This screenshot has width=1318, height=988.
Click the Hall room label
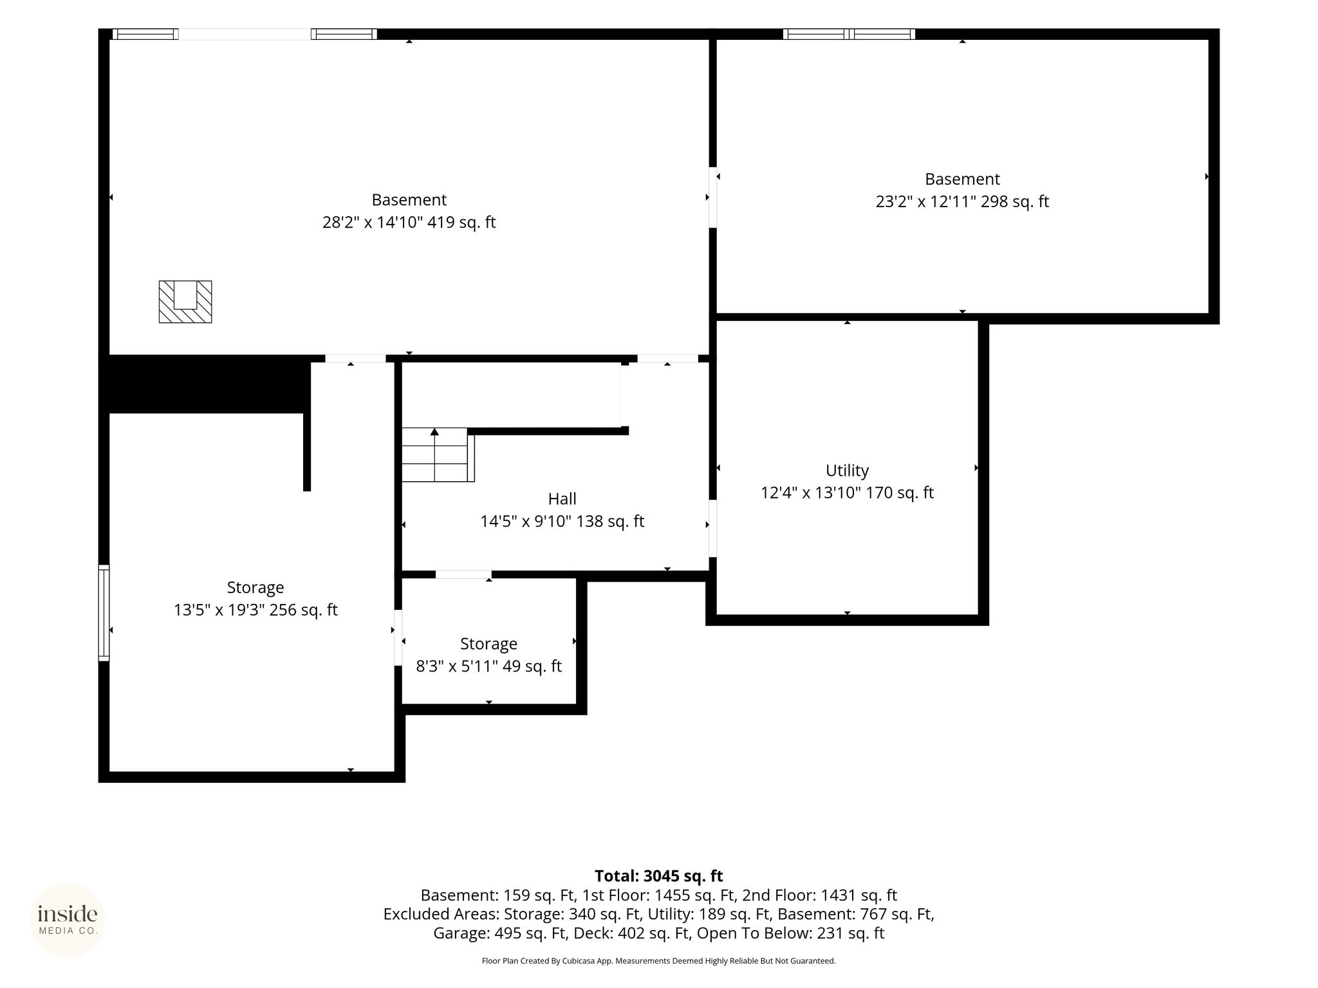(562, 499)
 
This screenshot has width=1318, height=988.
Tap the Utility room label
(847, 470)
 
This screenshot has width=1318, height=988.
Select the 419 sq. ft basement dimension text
(409, 223)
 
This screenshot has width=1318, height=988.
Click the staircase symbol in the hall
(438, 455)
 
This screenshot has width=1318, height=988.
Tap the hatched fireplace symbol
(185, 302)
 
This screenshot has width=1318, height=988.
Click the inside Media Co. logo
(68, 920)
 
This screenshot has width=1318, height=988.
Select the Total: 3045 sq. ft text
(658, 876)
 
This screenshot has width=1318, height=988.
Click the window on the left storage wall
(104, 613)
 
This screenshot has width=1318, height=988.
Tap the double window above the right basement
(849, 34)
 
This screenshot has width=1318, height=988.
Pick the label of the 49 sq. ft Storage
(488, 644)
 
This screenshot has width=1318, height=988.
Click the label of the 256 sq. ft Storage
(255, 587)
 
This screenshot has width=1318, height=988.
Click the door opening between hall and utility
(712, 528)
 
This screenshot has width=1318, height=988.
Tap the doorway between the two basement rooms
(712, 197)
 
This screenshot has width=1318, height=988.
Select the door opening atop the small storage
(463, 574)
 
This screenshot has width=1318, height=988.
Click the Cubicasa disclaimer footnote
(658, 961)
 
